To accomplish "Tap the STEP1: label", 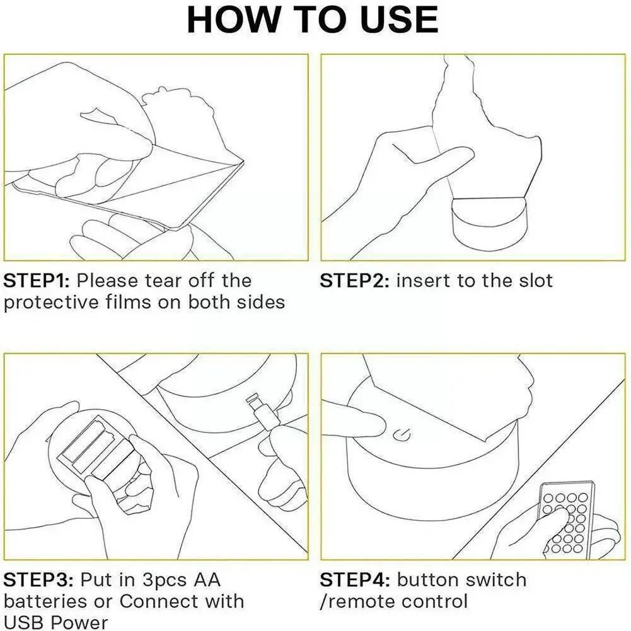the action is [x=37, y=281].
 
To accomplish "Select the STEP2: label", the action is [x=354, y=281].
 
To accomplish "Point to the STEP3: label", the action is [x=38, y=580].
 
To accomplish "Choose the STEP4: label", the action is [x=355, y=580].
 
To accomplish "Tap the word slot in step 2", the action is [x=536, y=281].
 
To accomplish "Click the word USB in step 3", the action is [x=25, y=622].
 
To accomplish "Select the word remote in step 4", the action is [x=359, y=602].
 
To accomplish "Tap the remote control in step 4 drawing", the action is [x=566, y=519].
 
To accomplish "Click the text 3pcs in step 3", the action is [x=164, y=581].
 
